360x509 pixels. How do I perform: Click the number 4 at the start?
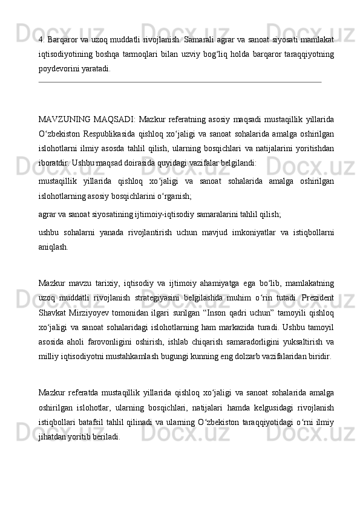[40, 40]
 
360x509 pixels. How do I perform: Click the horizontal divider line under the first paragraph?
[179, 82]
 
